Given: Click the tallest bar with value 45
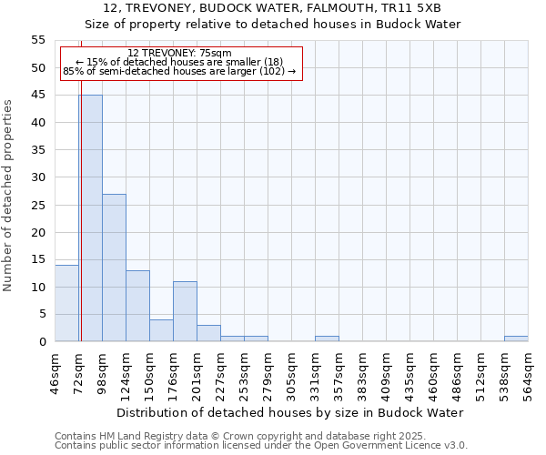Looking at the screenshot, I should tap(90, 218).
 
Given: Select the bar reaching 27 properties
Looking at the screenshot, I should tap(114, 268).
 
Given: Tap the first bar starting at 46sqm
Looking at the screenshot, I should tap(66, 303).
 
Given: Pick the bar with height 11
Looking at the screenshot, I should tap(185, 311).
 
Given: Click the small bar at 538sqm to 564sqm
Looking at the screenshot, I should tap(516, 339).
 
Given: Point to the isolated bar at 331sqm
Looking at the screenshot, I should tap(327, 339).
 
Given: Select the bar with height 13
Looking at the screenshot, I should tap(137, 306).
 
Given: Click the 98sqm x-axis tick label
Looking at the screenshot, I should tap(102, 372).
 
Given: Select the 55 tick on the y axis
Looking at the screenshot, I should tap(38, 40).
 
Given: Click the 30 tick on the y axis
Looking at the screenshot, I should tap(38, 177).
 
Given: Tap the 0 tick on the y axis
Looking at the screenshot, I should tap(42, 342).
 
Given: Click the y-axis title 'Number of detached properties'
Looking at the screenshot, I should tap(8, 196).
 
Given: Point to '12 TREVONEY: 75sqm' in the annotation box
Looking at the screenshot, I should tap(180, 53).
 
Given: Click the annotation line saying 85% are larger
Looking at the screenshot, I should tap(180, 71).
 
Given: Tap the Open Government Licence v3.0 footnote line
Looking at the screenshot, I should tap(261, 446).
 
